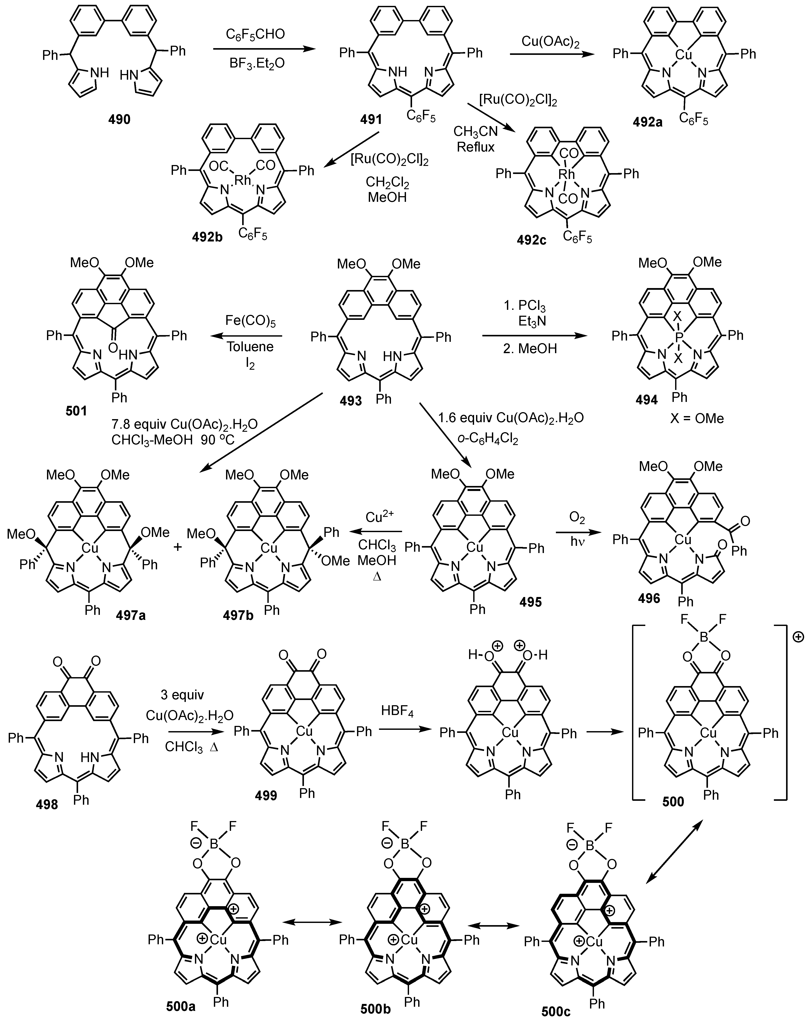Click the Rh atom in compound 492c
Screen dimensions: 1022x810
pos(567,174)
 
